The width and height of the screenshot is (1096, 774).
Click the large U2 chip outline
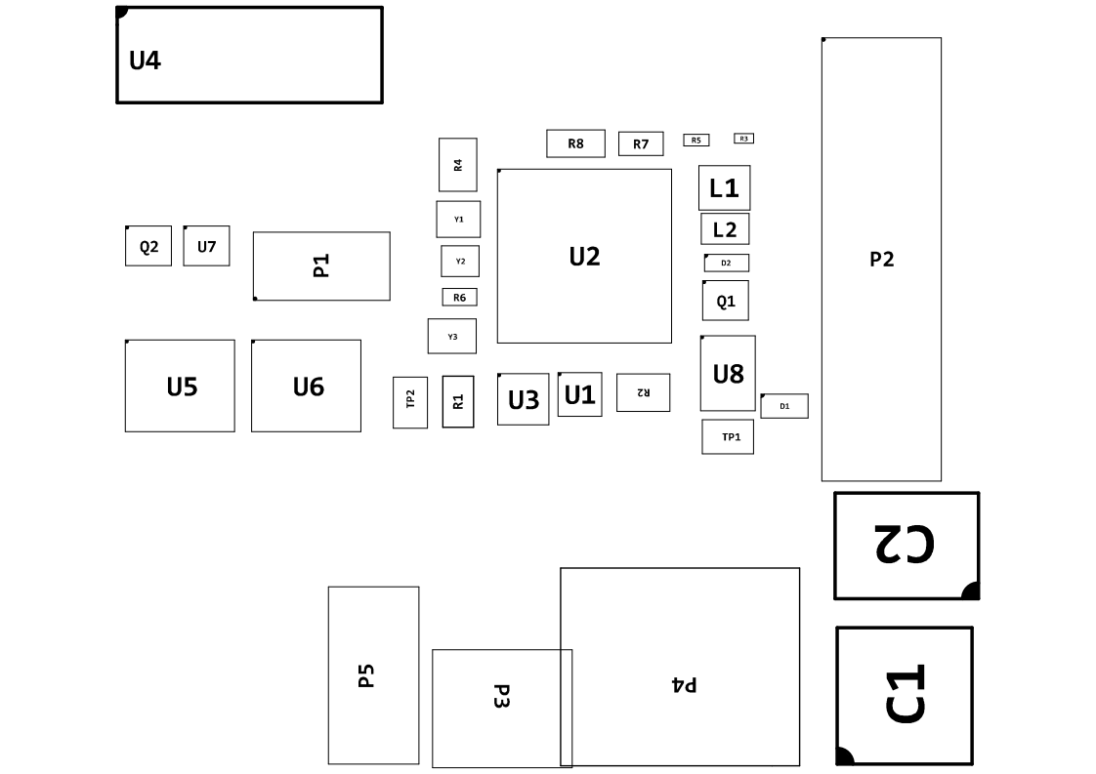pos(584,256)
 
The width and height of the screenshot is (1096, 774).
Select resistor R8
pos(575,143)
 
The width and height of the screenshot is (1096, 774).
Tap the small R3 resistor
pos(743,139)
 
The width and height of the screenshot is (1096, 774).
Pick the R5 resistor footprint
pos(696,141)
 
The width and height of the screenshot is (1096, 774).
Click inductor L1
pos(724,188)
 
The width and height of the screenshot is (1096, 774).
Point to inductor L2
pos(725,229)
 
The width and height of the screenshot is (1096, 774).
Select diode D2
pos(726,263)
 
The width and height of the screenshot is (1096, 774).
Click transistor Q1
pos(726,301)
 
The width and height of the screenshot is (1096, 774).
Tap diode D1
pos(784,406)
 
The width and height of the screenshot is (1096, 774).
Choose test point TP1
pos(728,437)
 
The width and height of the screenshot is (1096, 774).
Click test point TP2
pos(410,402)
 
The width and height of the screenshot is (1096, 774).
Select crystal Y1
pos(458,219)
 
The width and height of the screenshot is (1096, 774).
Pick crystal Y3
pos(452,336)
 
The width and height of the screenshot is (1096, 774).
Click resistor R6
pos(459,297)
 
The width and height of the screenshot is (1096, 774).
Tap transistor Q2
pos(148,246)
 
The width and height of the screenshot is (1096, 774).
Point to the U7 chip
pos(206,246)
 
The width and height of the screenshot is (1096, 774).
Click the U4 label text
pos(145,61)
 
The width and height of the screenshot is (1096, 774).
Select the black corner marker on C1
pos(845,755)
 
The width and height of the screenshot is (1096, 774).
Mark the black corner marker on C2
pos(971,591)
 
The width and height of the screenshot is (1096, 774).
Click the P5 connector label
pos(366,675)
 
